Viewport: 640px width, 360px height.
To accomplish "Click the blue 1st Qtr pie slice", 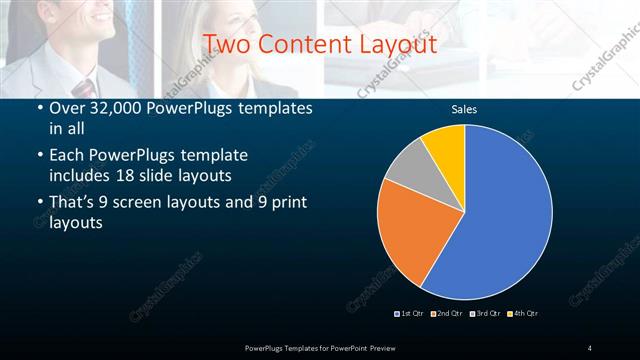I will [500, 220].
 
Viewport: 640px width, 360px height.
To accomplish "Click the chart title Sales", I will [464, 109].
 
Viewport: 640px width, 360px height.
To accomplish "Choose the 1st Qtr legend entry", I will [411, 314].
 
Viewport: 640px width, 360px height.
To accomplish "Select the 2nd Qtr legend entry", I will [447, 314].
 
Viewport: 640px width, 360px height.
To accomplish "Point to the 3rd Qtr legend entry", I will [484, 314].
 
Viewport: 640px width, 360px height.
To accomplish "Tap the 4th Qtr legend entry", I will [522, 314].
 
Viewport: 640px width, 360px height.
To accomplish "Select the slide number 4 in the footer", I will [590, 347].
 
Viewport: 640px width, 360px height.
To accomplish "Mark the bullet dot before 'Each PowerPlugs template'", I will [39, 156].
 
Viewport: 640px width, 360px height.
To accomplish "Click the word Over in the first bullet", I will [67, 109].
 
